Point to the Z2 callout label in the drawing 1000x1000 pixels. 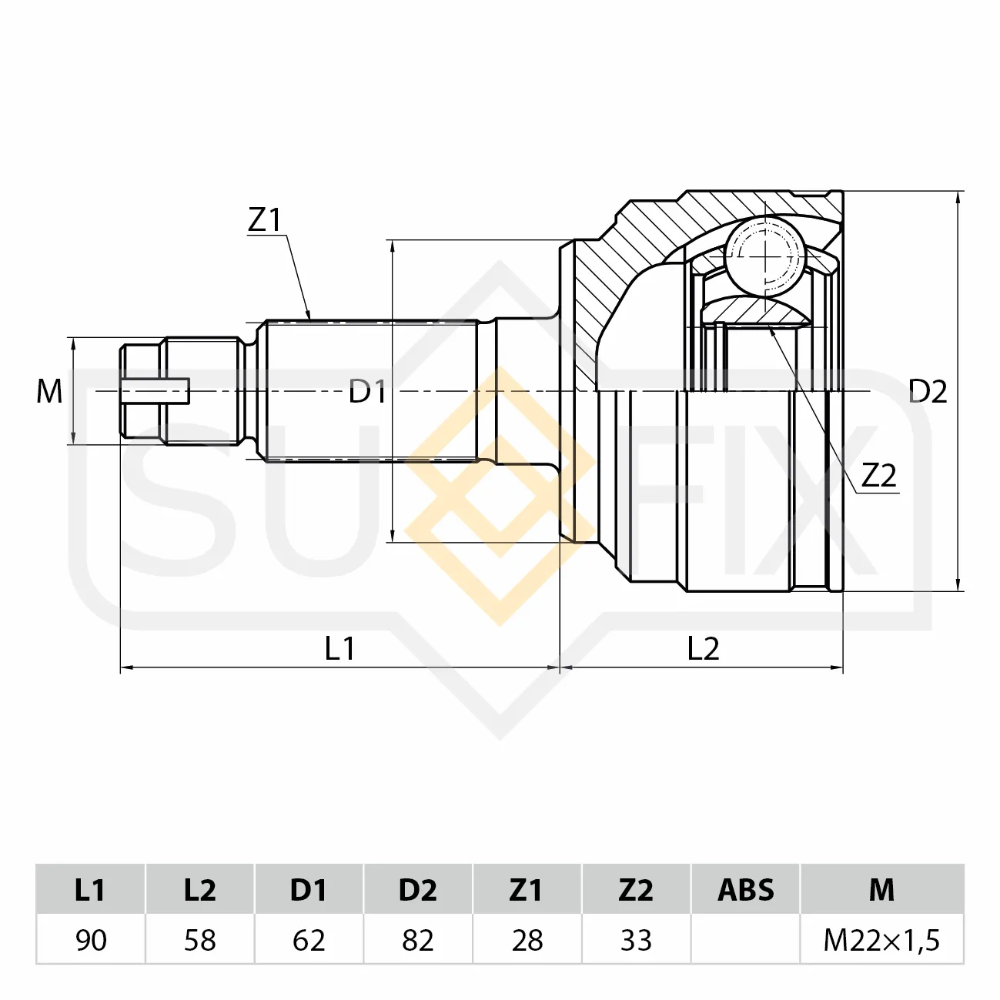point(879,475)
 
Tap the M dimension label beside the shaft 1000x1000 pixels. point(49,391)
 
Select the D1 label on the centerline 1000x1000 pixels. point(367,391)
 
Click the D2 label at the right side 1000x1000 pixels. point(928,391)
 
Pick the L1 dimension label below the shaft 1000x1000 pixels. point(340,648)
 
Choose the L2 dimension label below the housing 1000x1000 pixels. point(703,648)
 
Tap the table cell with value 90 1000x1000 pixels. point(91,940)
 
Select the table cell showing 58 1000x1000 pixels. point(200,940)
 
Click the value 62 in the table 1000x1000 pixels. point(309,940)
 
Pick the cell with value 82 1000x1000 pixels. point(418,940)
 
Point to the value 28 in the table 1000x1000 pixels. point(527,940)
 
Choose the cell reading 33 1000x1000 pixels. point(636,940)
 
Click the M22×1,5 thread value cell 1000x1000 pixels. point(881,940)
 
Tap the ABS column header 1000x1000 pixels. point(746,890)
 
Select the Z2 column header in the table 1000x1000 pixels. point(636,890)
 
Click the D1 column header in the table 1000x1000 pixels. point(309,890)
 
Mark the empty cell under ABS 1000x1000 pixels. point(746,940)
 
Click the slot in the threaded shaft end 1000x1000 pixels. point(155,391)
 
